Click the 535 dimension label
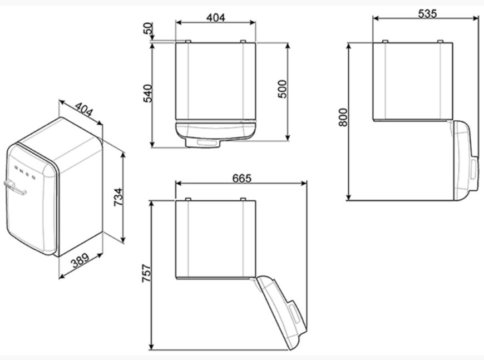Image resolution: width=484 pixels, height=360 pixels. click(427, 13)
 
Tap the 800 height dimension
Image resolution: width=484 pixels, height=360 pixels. click(343, 117)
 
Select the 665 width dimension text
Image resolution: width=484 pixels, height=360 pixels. click(241, 178)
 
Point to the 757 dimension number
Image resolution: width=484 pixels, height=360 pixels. click(146, 273)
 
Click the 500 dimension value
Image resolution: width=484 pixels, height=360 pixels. click(282, 89)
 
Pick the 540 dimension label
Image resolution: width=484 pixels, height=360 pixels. click(147, 93)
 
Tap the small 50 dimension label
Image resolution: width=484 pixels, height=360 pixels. click(149, 28)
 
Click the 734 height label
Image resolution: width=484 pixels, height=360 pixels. click(118, 197)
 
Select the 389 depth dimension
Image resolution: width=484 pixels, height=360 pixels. click(80, 260)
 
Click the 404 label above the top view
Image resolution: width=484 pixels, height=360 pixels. click(215, 18)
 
